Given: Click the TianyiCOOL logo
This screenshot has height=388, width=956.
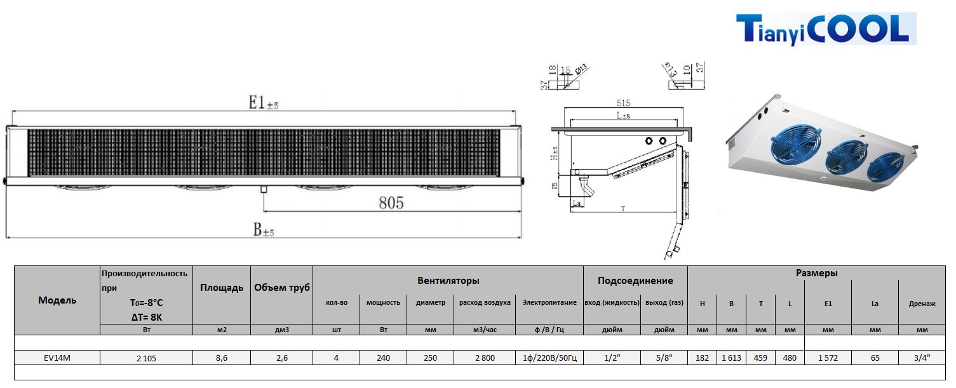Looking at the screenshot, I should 826,29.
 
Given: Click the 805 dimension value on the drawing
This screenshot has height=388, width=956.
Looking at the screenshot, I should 391,203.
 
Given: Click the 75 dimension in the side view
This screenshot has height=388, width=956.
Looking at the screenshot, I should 555,186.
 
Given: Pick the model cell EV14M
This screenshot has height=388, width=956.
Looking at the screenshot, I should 57,358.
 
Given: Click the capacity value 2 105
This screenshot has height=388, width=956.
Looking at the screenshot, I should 146,358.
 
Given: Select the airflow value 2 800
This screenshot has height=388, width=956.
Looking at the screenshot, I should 484,358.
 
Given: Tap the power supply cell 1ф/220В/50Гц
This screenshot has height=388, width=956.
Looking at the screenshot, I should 549,358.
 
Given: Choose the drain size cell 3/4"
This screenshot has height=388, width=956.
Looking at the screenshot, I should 921,358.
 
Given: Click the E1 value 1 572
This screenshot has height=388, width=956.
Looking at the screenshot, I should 828,358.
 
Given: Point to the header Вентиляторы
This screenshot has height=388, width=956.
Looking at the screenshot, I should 448,281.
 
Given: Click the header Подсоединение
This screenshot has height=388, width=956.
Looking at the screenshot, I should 635,281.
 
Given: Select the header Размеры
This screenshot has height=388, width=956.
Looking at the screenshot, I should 816,273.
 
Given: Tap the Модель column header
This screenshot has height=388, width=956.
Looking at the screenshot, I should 57,300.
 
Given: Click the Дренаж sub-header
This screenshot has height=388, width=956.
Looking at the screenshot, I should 922,304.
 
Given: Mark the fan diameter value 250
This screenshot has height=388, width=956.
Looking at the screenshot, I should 430,358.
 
